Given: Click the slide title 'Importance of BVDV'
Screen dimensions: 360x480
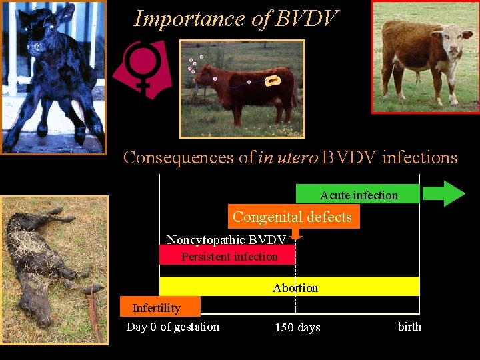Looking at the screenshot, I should [x=236, y=19].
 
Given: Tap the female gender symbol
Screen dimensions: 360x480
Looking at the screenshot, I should [x=141, y=67].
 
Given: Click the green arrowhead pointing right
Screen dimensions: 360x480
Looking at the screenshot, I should [x=453, y=193].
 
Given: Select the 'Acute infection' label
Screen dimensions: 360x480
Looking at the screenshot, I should [x=359, y=195].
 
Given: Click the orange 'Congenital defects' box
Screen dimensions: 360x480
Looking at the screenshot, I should [x=293, y=217].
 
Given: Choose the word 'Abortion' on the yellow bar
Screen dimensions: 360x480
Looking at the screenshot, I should [x=295, y=288].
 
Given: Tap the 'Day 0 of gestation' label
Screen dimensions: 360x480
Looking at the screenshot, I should [x=173, y=327].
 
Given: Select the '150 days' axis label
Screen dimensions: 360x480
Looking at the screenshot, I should [x=297, y=327].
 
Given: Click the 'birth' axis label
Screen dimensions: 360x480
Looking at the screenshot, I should [x=409, y=327].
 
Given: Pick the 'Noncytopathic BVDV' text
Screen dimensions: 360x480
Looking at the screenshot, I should [x=227, y=240].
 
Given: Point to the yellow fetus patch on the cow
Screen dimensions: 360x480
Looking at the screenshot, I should [x=273, y=81].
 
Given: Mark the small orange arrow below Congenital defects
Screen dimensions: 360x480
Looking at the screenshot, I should [x=297, y=234].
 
